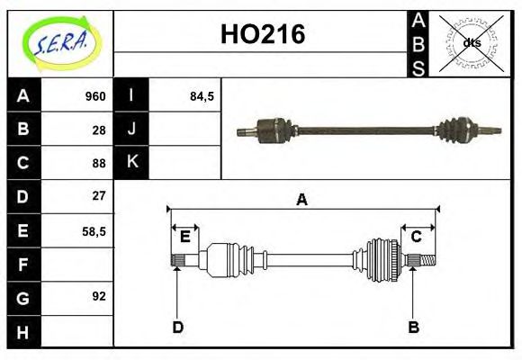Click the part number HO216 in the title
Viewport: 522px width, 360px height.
(263, 34)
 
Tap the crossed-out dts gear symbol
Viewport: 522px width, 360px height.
(471, 43)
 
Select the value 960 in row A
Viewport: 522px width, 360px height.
(95, 96)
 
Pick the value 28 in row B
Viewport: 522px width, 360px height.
(99, 130)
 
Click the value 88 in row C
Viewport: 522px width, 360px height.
(99, 163)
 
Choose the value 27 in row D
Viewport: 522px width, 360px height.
(99, 196)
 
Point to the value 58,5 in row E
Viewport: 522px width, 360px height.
(94, 230)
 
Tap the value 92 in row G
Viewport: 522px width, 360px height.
(99, 296)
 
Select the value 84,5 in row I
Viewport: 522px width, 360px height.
(202, 96)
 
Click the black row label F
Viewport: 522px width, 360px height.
(23, 264)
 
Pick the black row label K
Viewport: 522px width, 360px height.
(131, 163)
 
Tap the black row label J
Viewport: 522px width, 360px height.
(131, 130)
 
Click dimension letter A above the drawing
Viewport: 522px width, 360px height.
(302, 200)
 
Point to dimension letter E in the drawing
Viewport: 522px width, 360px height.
(184, 237)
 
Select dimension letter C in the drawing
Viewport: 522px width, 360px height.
(417, 237)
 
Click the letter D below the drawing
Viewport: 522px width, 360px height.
(177, 328)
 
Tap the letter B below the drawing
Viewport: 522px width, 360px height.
(413, 328)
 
